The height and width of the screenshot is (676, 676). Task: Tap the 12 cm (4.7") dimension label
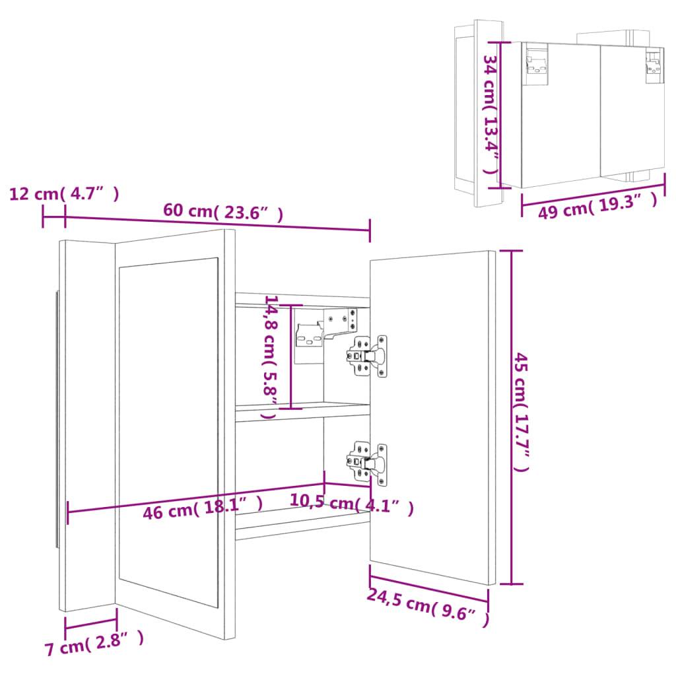tap(64, 193)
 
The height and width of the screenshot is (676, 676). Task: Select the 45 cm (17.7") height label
tap(522, 413)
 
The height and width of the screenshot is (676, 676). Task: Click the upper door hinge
tap(366, 355)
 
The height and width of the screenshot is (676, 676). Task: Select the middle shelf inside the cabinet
tap(302, 413)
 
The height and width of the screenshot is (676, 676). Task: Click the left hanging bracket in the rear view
tap(537, 65)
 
